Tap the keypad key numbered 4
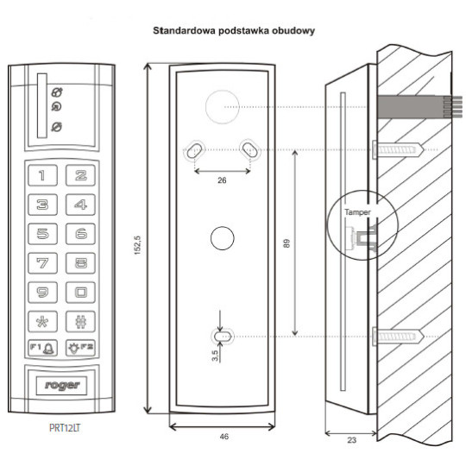[x=80, y=205]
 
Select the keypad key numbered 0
[x=80, y=292]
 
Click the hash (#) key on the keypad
[x=80, y=321]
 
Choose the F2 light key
[x=80, y=349]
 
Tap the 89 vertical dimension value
[x=286, y=243]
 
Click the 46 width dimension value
[x=223, y=438]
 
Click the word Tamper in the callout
[x=356, y=211]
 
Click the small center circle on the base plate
[x=222, y=238]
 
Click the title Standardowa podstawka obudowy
[x=232, y=30]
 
